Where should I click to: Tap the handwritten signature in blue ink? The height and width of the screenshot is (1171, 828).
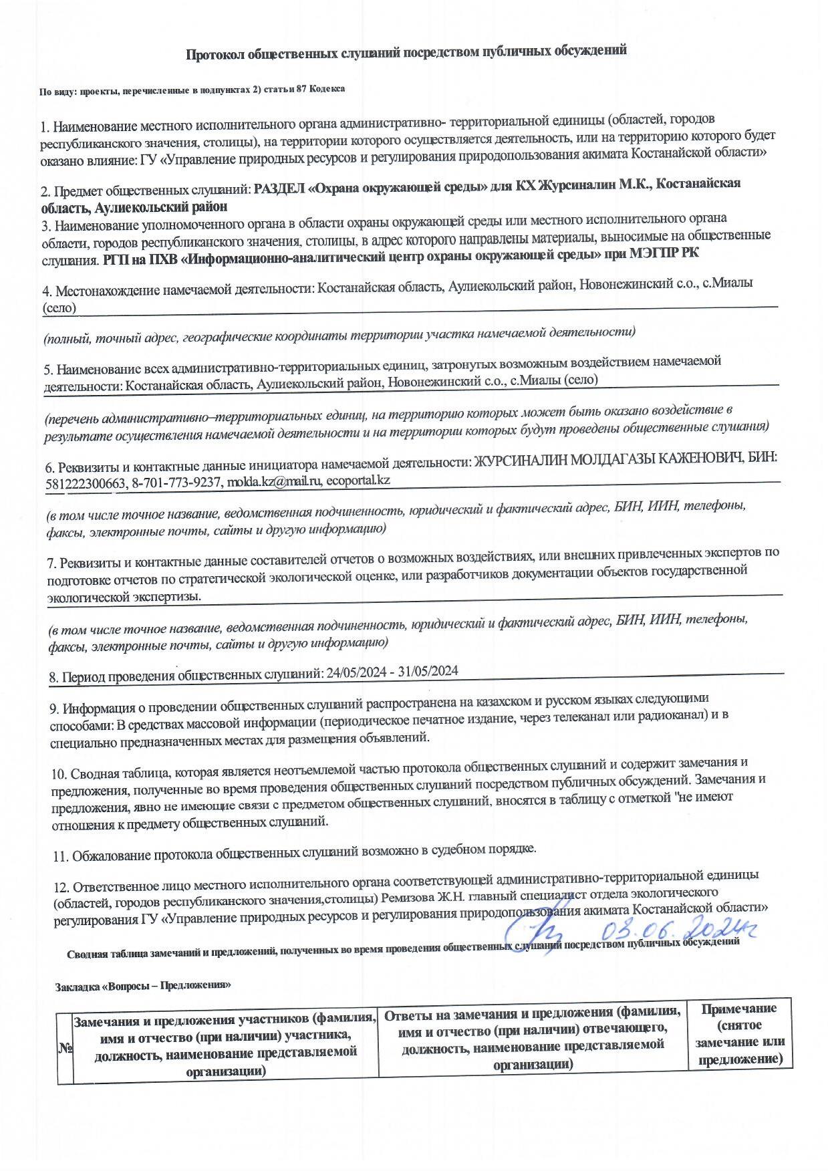[x=534, y=930]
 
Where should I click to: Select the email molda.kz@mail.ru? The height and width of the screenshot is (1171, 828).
[x=275, y=481]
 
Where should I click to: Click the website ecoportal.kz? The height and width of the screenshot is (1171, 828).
[x=358, y=480]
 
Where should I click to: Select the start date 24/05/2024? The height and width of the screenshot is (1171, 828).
[x=358, y=672]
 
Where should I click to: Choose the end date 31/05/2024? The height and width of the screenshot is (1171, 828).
[x=428, y=671]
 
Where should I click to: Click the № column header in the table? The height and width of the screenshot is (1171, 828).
[x=65, y=1048]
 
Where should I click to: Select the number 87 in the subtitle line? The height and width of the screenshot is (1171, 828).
[x=300, y=89]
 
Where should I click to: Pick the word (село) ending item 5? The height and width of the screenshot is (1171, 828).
[x=579, y=380]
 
